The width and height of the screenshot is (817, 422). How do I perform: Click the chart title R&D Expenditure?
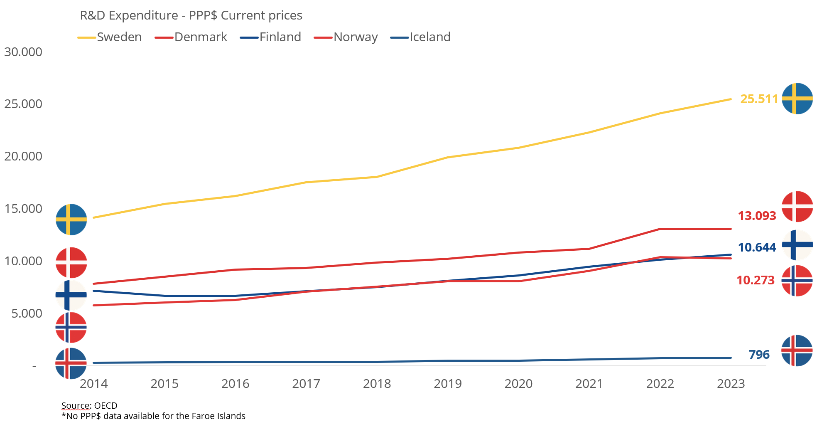(x=191, y=15)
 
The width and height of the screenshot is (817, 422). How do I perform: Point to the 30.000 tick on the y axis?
(x=23, y=52)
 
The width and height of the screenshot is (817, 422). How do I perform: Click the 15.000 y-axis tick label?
(x=23, y=209)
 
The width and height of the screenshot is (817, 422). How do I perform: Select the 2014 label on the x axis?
(x=94, y=384)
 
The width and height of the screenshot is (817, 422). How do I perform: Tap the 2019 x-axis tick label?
(x=448, y=384)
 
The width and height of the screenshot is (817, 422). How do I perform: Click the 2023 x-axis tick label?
(x=731, y=384)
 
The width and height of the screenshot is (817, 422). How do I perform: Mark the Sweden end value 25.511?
(x=759, y=99)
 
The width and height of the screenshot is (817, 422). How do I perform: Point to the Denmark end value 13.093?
(x=757, y=216)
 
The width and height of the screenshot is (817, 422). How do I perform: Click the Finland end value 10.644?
(x=757, y=247)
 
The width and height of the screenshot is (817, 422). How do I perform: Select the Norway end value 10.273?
(x=756, y=280)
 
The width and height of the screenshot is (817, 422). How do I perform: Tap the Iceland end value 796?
(x=759, y=355)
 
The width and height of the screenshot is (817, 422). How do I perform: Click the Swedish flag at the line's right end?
(x=797, y=99)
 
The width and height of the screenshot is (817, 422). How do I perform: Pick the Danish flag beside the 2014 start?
(x=71, y=263)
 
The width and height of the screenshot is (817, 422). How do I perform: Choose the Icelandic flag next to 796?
(x=797, y=350)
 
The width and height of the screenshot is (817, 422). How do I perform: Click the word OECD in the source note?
(x=106, y=406)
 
